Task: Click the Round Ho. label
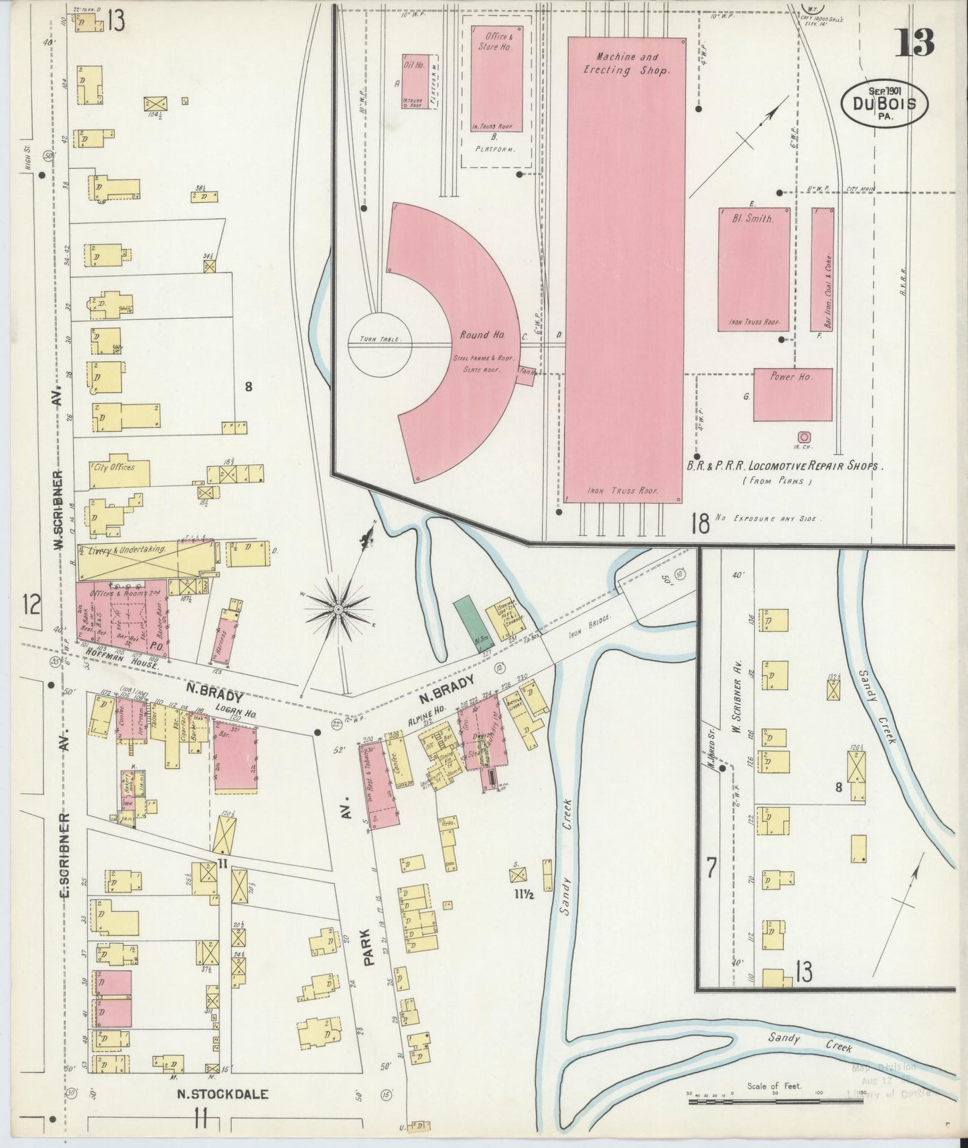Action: pos(482,334)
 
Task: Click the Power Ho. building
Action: pos(792,394)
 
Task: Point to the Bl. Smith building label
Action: pos(754,218)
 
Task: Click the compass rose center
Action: pos(338,609)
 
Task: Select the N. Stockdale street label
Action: pos(222,1094)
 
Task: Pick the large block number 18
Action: pos(699,522)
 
